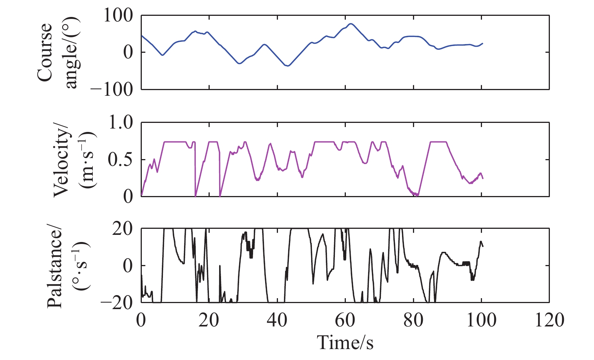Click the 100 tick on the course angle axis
click(x=118, y=16)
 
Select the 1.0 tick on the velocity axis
click(x=121, y=123)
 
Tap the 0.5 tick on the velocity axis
click(x=121, y=159)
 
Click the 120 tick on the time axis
click(x=549, y=320)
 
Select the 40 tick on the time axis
click(x=278, y=320)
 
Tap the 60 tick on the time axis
click(x=345, y=320)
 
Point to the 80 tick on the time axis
click(x=413, y=320)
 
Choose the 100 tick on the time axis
click(x=481, y=320)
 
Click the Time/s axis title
click(x=345, y=342)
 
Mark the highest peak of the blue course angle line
click(x=351, y=24)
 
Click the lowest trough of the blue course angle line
click(x=288, y=66)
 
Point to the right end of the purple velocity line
click(x=483, y=178)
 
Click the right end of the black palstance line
click(x=483, y=246)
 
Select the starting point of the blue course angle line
click(x=141, y=35)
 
